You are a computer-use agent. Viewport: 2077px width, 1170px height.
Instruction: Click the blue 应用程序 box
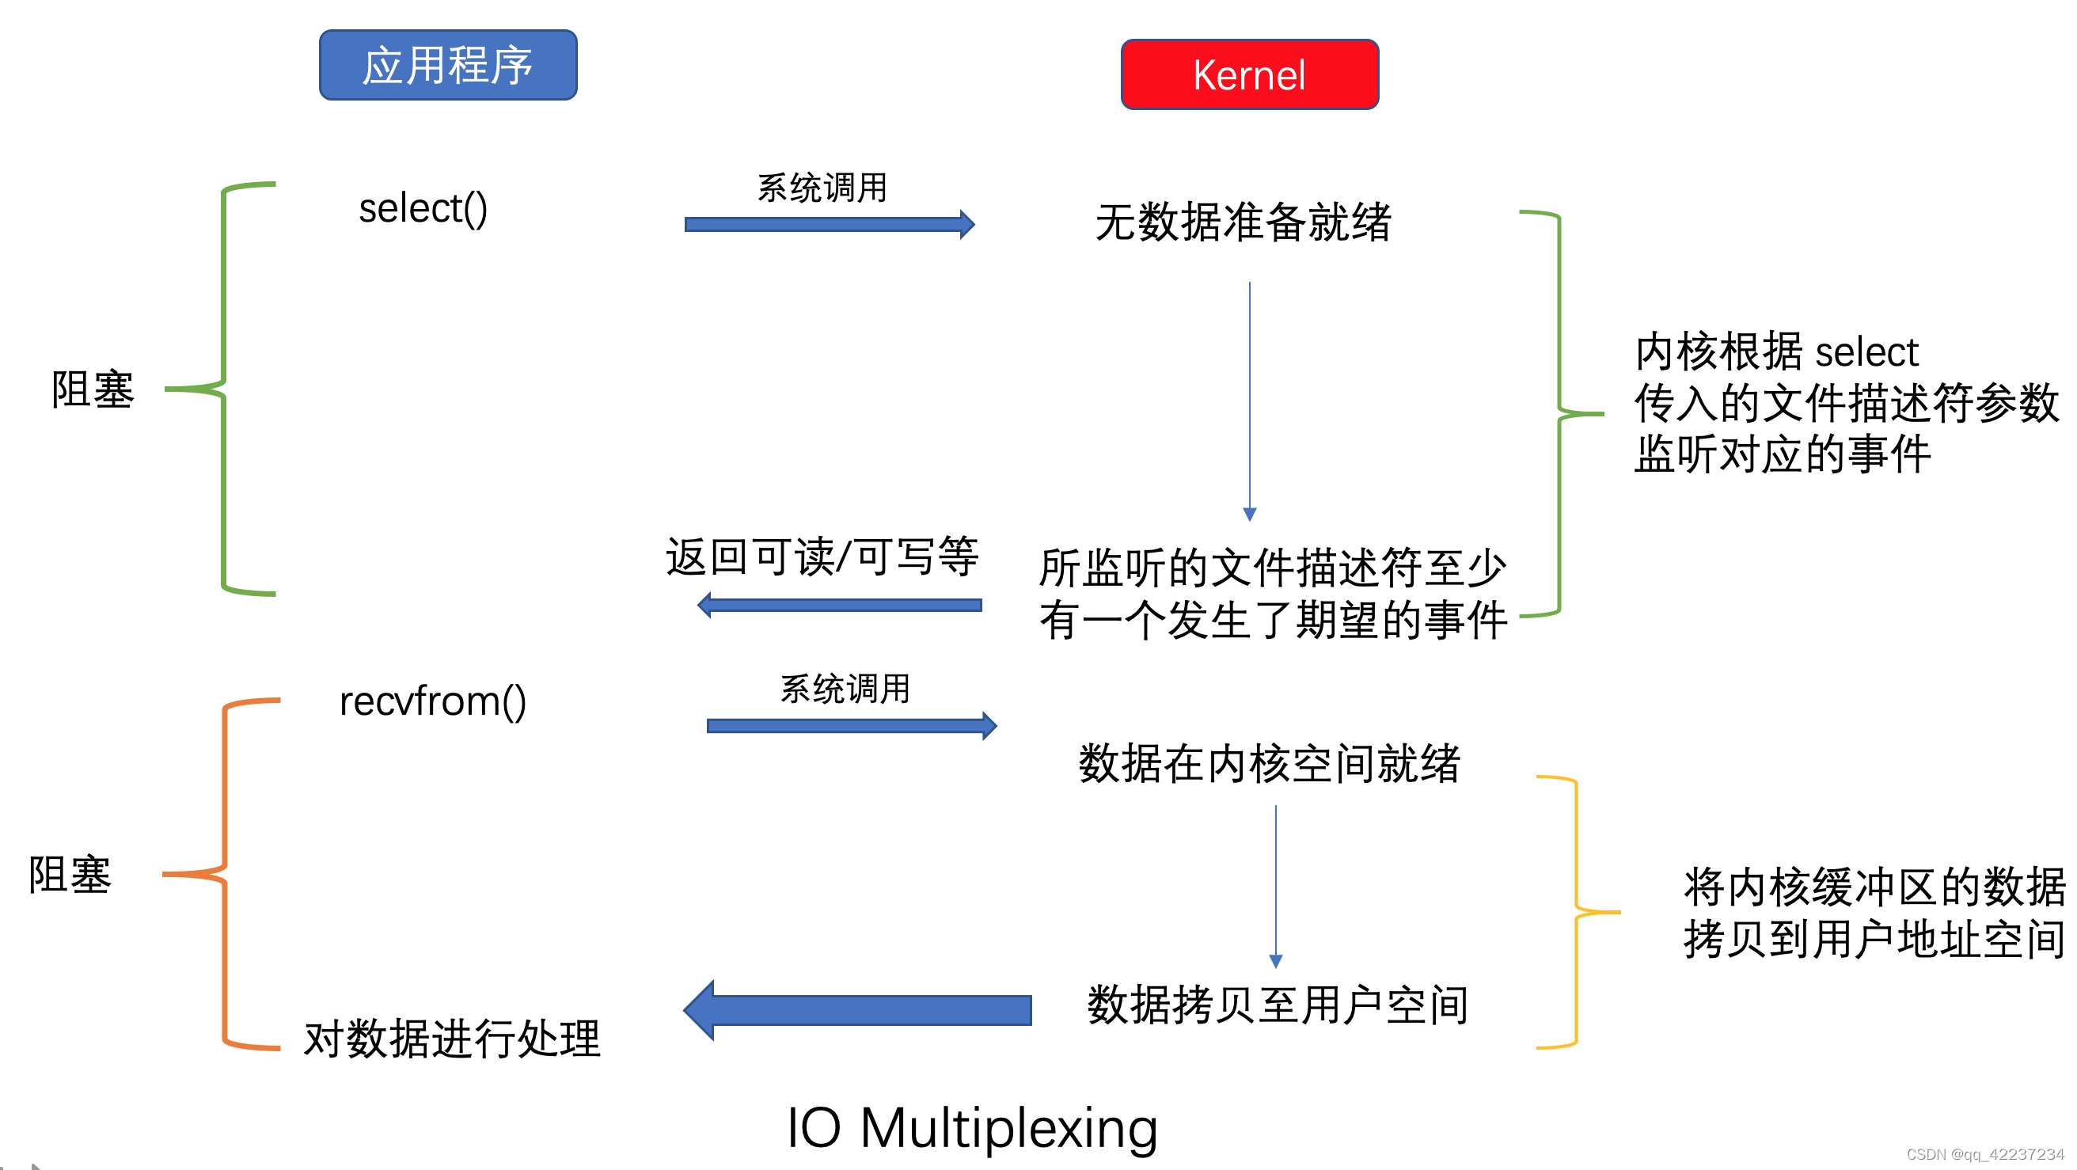pyautogui.click(x=448, y=66)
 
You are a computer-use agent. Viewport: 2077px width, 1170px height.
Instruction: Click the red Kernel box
pyautogui.click(x=1249, y=75)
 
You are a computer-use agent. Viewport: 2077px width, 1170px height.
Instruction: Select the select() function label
pyautogui.click(x=423, y=209)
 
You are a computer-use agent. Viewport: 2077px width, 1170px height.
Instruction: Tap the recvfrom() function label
pyautogui.click(x=432, y=701)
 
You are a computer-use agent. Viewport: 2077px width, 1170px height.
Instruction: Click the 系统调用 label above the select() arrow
pyautogui.click(x=822, y=188)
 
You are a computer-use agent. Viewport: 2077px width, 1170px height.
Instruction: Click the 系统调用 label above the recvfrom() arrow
pyautogui.click(x=845, y=689)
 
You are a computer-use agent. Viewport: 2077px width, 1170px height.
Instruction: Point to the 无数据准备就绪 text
pyautogui.click(x=1243, y=222)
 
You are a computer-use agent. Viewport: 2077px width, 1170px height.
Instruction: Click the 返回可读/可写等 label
pyautogui.click(x=822, y=557)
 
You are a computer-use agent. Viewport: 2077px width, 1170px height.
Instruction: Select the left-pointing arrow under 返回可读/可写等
pyautogui.click(x=838, y=606)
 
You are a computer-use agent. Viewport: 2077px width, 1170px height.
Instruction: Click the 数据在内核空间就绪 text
pyautogui.click(x=1269, y=764)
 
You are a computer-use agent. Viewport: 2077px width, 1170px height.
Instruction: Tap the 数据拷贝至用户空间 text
pyautogui.click(x=1278, y=1005)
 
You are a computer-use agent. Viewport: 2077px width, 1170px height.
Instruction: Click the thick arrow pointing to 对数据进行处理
pyautogui.click(x=858, y=1010)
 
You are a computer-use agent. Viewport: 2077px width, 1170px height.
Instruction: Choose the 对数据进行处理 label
pyautogui.click(x=451, y=1039)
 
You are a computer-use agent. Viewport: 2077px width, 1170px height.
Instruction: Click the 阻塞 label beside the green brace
pyautogui.click(x=93, y=390)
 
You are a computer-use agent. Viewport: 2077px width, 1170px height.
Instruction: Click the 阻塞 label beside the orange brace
pyautogui.click(x=70, y=875)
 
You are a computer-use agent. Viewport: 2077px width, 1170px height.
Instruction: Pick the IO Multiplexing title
pyautogui.click(x=971, y=1127)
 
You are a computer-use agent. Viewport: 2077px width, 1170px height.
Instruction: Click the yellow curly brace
pyautogui.click(x=1575, y=912)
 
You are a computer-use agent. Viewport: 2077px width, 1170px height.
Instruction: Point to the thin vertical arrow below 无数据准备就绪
pyautogui.click(x=1249, y=399)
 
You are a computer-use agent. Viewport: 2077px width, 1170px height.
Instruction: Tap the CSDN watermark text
pyautogui.click(x=1984, y=1155)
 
